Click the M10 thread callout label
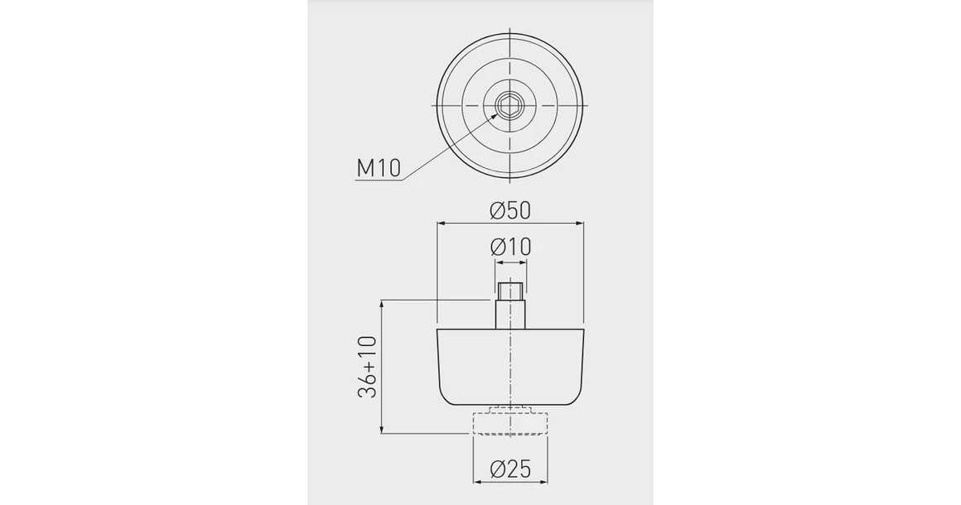378,167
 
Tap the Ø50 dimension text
510,210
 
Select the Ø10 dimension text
510,248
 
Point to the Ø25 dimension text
510,469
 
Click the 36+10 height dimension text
367,367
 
